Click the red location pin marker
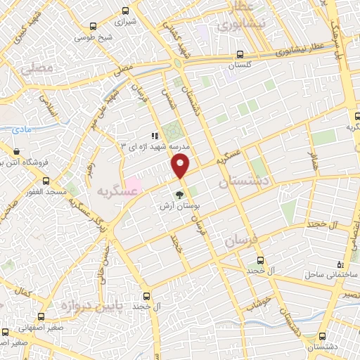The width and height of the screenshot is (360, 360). tap(181, 166)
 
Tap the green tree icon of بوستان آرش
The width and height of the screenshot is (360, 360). tap(179, 195)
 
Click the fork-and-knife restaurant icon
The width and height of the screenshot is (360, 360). tap(155, 136)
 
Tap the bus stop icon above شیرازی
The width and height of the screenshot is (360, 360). tap(125, 11)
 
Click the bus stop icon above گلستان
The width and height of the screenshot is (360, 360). tap(240, 54)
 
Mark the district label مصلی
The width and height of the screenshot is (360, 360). tap(36, 69)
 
